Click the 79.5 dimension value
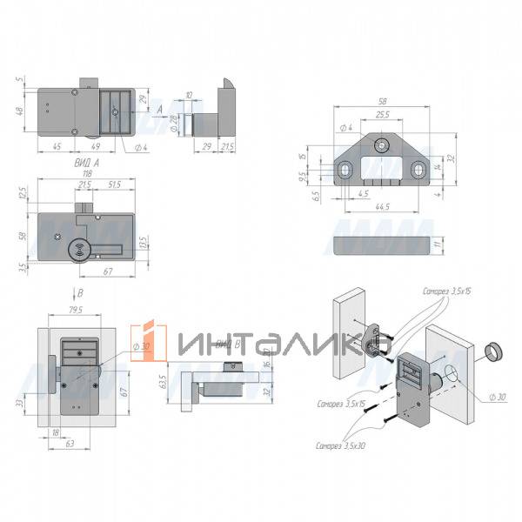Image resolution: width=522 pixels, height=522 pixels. [x=75, y=308]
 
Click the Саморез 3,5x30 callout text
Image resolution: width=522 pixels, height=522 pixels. [x=341, y=445]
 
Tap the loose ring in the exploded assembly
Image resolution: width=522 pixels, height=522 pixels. [x=493, y=352]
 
